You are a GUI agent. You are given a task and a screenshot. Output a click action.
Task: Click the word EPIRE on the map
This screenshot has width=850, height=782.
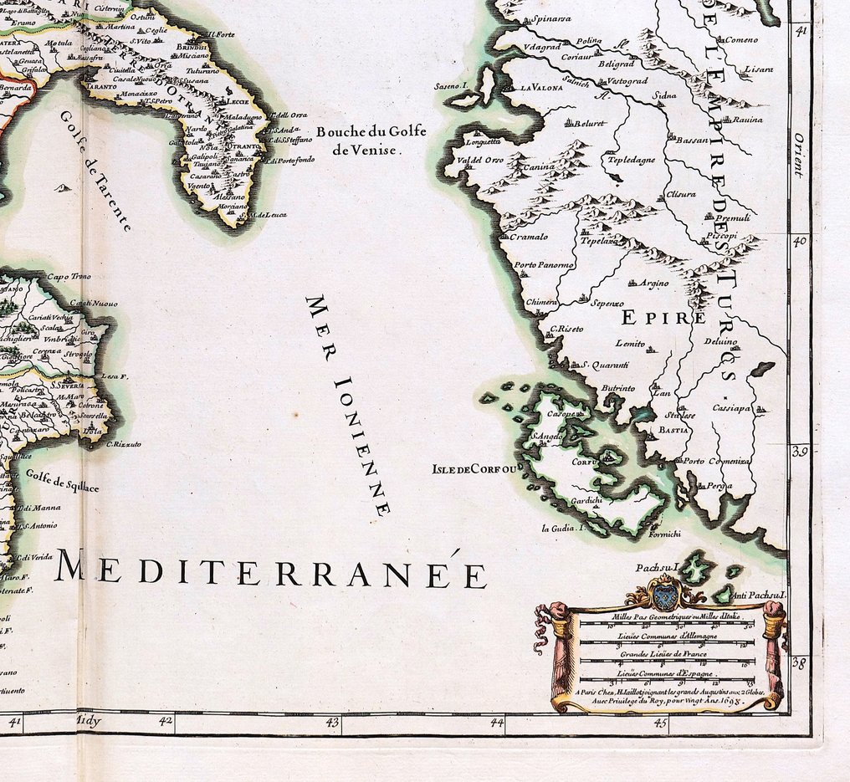653,317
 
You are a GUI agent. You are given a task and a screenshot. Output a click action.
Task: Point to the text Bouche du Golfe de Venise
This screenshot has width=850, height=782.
371,141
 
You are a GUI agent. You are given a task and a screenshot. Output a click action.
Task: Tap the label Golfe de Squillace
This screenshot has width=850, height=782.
62,480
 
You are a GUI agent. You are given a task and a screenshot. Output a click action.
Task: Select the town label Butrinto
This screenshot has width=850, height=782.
618,388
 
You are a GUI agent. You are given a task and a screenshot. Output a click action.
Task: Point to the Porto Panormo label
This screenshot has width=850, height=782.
544,265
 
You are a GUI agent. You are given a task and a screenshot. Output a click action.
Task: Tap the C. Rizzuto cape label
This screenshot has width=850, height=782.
123,443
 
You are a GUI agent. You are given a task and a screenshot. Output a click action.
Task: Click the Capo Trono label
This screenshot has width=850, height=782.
69,277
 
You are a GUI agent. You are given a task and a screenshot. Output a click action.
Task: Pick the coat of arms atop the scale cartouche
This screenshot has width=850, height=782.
666,593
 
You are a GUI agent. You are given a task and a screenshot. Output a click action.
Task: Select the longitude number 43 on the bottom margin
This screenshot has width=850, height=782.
332,721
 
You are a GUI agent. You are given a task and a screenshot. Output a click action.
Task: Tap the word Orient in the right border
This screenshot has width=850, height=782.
799,155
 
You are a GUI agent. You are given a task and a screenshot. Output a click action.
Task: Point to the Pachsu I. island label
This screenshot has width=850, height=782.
654,568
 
